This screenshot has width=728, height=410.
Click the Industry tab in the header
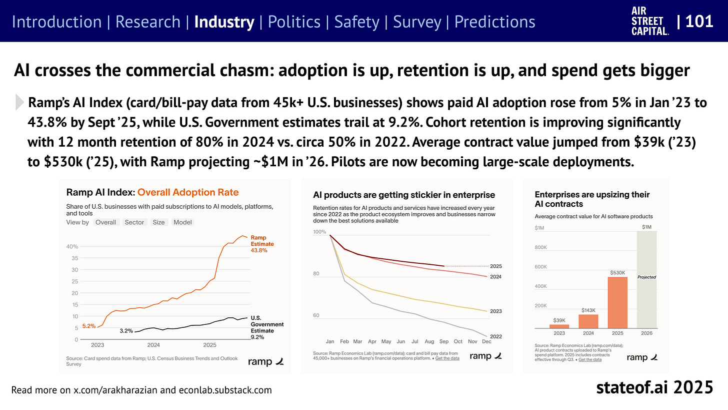[224, 22]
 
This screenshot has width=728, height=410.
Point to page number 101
[699, 22]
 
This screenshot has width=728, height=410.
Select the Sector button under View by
[134, 222]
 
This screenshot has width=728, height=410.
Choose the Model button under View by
[182, 222]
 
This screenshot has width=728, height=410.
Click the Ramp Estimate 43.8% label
[262, 244]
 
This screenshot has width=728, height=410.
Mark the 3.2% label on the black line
[126, 331]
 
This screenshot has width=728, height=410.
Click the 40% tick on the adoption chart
[72, 247]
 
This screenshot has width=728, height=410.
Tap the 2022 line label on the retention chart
[496, 336]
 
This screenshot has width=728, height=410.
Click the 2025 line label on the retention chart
[496, 266]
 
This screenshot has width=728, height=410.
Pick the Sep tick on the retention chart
[443, 341]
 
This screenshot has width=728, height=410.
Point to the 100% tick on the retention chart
[319, 232]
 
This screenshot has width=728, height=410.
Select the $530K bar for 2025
[617, 302]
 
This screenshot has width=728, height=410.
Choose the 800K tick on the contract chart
[541, 247]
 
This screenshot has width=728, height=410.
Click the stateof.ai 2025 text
[654, 387]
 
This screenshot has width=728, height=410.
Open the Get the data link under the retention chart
[447, 358]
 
